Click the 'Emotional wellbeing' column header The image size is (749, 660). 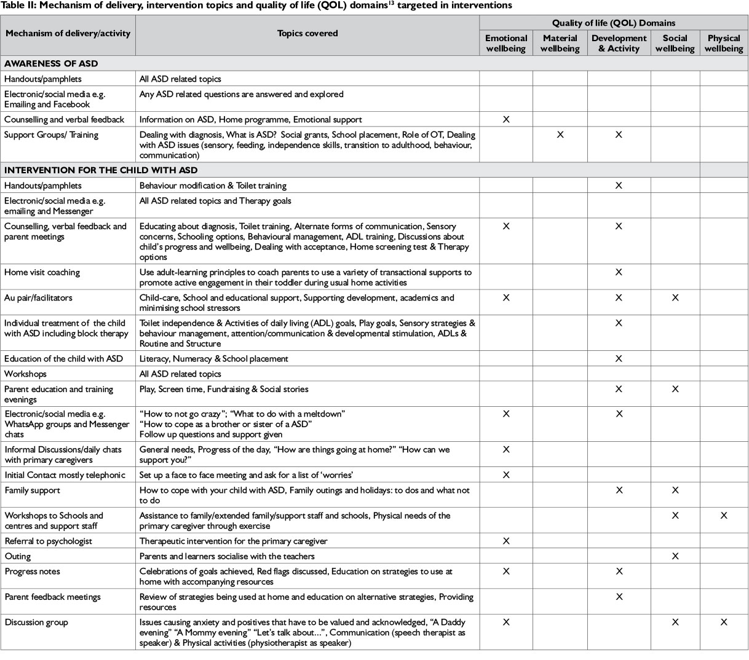pyautogui.click(x=505, y=43)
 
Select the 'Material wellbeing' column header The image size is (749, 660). pyautogui.click(x=560, y=43)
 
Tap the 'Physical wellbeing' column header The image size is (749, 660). pyautogui.click(x=723, y=43)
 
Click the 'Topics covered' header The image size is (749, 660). pyautogui.click(x=307, y=33)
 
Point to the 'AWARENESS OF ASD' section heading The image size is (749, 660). pyautogui.click(x=51, y=63)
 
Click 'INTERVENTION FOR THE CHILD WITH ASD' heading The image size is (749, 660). pyautogui.click(x=101, y=170)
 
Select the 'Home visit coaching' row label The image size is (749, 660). pyautogui.click(x=42, y=272)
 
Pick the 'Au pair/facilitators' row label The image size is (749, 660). pyautogui.click(x=38, y=297)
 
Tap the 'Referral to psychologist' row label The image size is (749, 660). pyautogui.click(x=48, y=541)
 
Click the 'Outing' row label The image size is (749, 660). pyautogui.click(x=17, y=556)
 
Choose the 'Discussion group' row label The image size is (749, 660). pyautogui.click(x=37, y=622)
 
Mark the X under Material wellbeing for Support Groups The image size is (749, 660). pyautogui.click(x=560, y=135)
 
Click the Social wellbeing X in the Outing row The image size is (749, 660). pyautogui.click(x=675, y=556)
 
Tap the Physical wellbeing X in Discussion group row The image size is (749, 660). pyautogui.click(x=723, y=622)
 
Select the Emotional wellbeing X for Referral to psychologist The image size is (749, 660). pyautogui.click(x=505, y=541)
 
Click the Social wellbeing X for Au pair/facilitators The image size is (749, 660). pyautogui.click(x=675, y=297)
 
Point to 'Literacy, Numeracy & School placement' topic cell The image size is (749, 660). pyautogui.click(x=214, y=358)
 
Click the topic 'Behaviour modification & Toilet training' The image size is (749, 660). pyautogui.click(x=213, y=185)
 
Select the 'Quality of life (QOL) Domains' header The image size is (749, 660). pyautogui.click(x=613, y=23)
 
